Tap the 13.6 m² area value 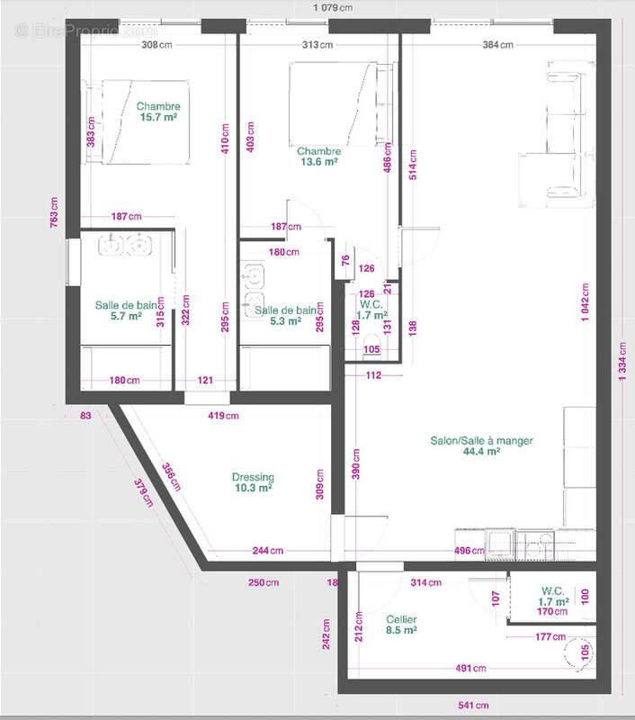point(318,163)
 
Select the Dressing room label point(253,477)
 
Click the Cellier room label point(400,619)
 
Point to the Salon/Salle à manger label point(481,441)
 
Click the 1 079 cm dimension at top point(333,8)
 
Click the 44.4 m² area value point(481,452)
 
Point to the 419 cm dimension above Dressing point(224,416)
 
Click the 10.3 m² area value point(253,488)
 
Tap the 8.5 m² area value point(400,631)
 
